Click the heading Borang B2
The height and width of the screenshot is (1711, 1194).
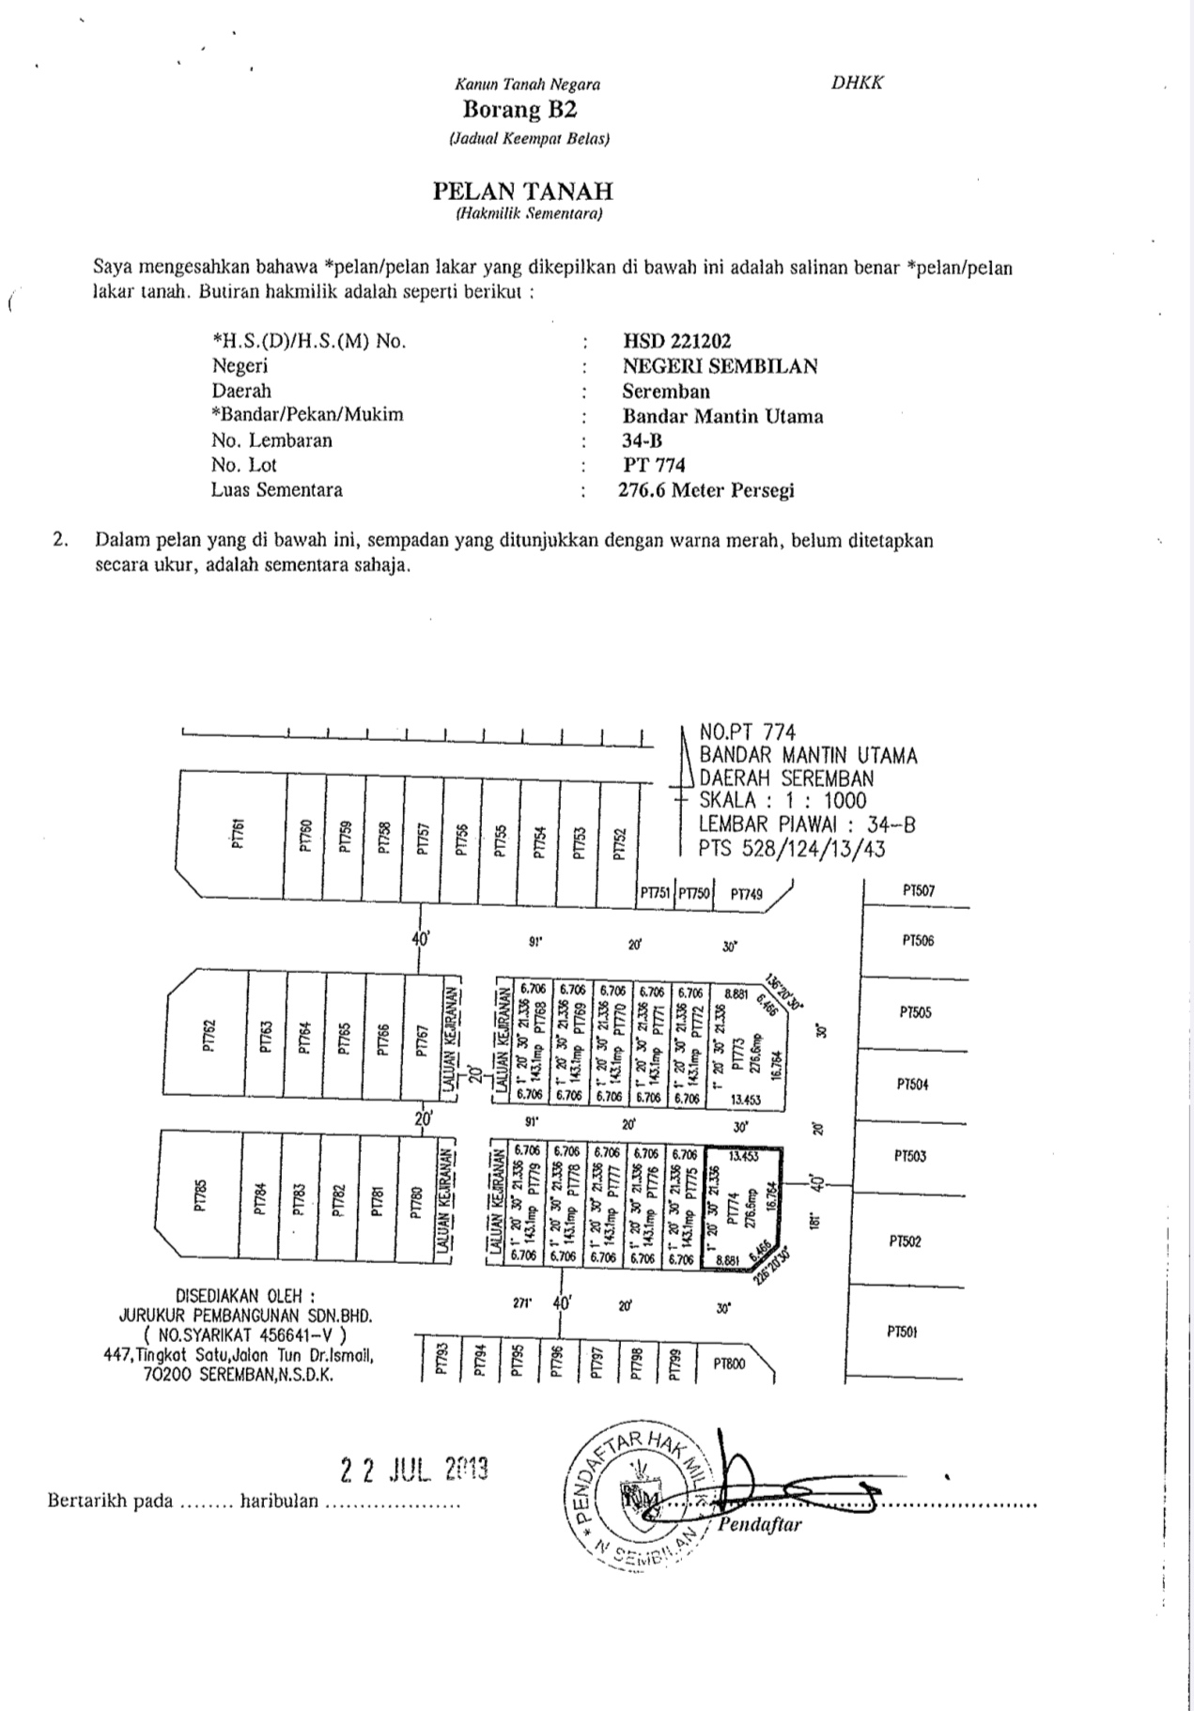[519, 110]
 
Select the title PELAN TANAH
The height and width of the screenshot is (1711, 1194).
[522, 192]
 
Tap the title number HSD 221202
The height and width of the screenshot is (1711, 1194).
[676, 341]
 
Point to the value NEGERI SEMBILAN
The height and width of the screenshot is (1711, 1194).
[720, 366]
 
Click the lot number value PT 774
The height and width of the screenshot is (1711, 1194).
[654, 465]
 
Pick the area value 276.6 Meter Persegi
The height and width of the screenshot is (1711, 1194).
[706, 490]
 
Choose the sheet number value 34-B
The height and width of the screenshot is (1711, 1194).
[644, 440]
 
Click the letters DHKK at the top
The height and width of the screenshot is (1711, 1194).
[857, 83]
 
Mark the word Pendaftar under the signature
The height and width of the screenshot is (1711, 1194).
[760, 1525]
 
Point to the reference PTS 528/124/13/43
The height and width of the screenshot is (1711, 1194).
[792, 849]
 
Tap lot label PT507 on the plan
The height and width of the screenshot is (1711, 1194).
[918, 890]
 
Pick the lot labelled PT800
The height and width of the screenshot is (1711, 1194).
[729, 1364]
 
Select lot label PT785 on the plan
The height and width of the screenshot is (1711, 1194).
[200, 1197]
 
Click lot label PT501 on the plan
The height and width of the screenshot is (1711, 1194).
[902, 1332]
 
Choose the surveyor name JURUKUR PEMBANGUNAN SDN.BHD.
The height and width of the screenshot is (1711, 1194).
[246, 1317]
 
